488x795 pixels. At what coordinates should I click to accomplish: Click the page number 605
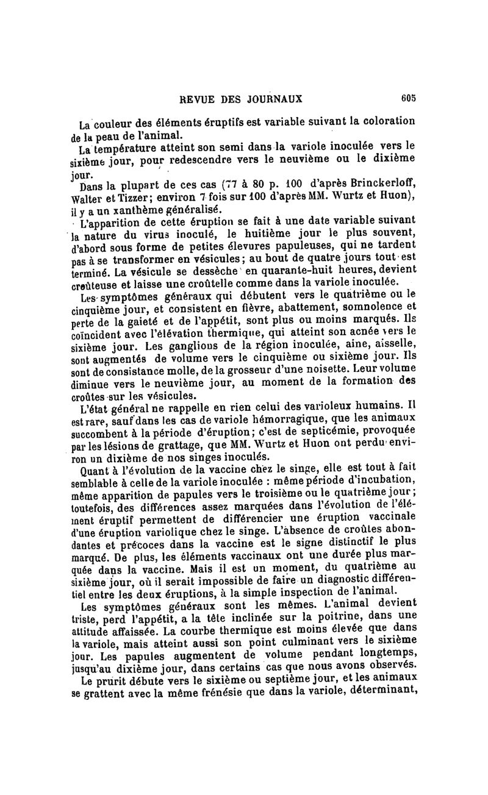click(408, 98)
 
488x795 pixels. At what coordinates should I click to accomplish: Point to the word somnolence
click(371, 307)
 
